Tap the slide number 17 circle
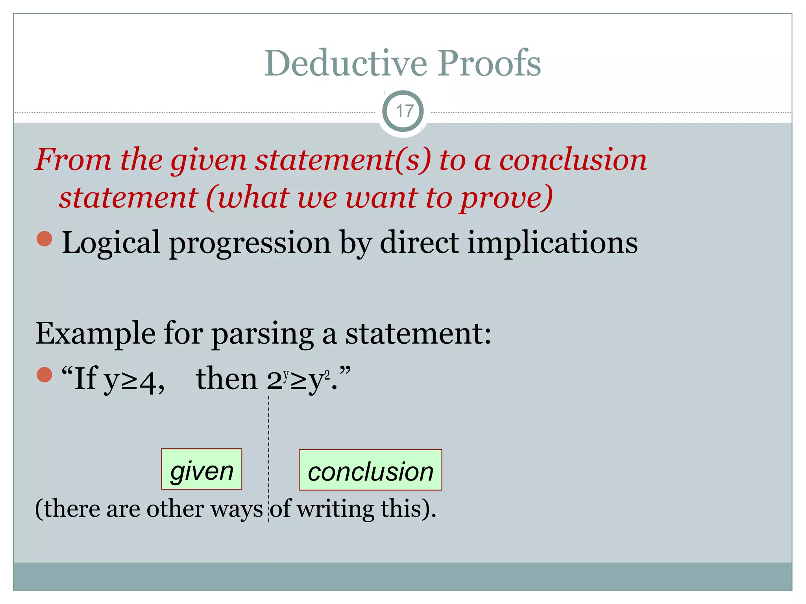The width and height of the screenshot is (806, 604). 403,111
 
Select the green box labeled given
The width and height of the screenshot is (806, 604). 201,469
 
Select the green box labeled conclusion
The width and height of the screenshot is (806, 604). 370,470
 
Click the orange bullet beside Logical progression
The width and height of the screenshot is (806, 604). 44,239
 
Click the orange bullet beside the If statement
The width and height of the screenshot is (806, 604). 44,375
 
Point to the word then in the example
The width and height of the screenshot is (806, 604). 226,379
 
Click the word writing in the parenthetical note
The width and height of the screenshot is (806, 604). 335,509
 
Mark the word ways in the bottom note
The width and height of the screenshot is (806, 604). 236,510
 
